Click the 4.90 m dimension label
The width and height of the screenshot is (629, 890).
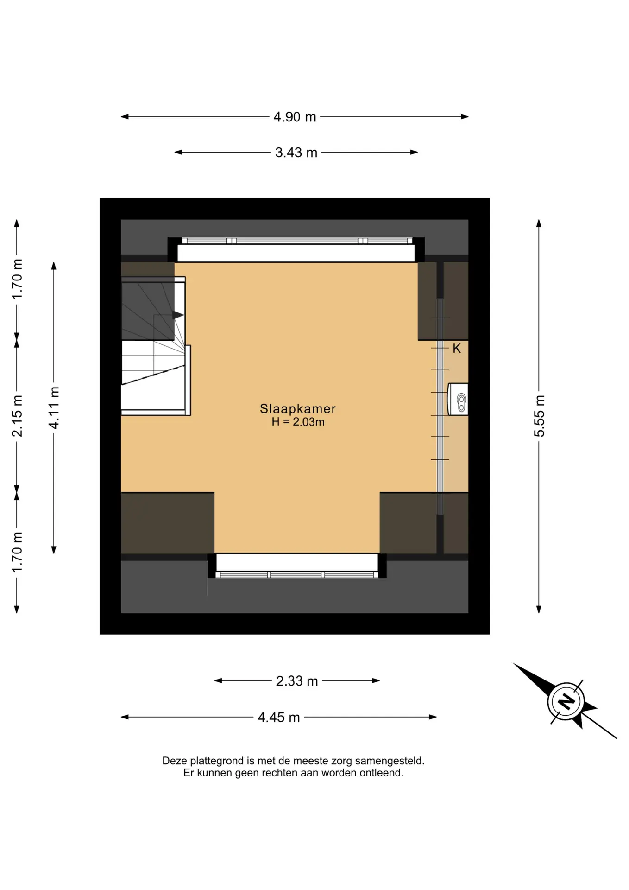(295, 117)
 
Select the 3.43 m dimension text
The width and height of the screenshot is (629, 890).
(296, 153)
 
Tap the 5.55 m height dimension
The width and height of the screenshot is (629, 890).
(539, 416)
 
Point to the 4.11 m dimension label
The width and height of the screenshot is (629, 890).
(54, 407)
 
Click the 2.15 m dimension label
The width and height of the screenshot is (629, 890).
(17, 416)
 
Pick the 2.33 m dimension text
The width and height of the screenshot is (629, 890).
(296, 681)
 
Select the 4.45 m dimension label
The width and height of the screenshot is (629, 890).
(279, 717)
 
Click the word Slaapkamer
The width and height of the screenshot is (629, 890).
(298, 408)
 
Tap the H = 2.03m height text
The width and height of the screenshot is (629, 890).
(298, 422)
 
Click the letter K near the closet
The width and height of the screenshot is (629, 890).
(457, 349)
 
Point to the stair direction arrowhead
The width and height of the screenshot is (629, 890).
(178, 315)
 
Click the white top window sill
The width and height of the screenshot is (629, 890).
(296, 253)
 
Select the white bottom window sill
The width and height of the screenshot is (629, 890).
(297, 562)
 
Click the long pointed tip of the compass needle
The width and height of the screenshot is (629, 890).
(514, 664)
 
